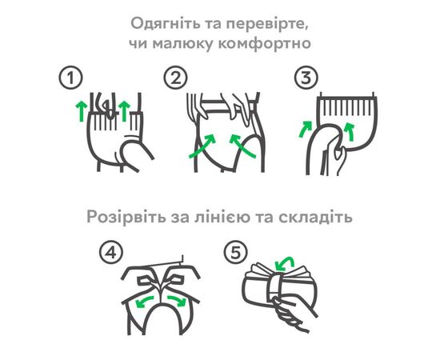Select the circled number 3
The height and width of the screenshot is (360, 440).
[x=306, y=78]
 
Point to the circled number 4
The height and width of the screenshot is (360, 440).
[x=111, y=252]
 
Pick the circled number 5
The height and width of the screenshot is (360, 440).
[x=235, y=252]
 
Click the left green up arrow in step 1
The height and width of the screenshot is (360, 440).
[x=82, y=111]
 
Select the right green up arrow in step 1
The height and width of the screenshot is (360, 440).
[x=124, y=111]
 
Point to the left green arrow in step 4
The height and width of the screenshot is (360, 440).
[x=144, y=300]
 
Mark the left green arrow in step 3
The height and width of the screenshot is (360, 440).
[x=305, y=130]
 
